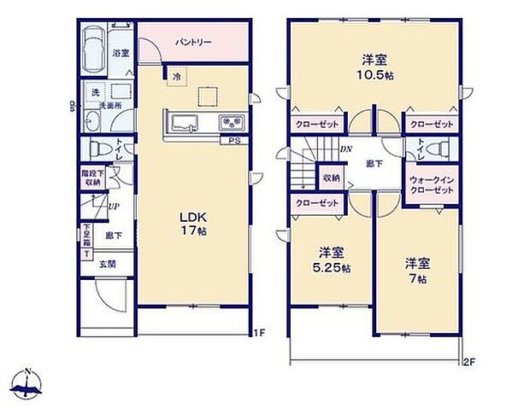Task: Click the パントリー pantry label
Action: pyautogui.click(x=194, y=41)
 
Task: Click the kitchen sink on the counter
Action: pyautogui.click(x=183, y=121)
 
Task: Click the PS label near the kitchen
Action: pyautogui.click(x=233, y=142)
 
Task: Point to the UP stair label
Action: pyautogui.click(x=114, y=205)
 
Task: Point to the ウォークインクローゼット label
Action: pyautogui.click(x=430, y=184)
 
